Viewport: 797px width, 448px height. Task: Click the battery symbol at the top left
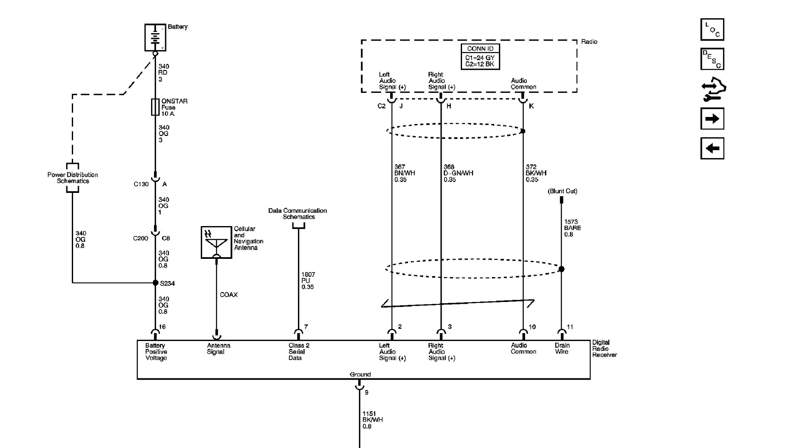(x=155, y=37)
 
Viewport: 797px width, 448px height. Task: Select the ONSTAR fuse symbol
(x=155, y=107)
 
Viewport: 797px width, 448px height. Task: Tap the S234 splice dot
(x=156, y=283)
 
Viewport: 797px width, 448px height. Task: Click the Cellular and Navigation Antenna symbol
(x=216, y=242)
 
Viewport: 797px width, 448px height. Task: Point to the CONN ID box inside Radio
(x=480, y=57)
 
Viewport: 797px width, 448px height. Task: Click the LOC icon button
(x=712, y=29)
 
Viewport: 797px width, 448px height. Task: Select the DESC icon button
(x=712, y=59)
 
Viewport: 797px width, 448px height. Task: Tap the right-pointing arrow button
(x=712, y=119)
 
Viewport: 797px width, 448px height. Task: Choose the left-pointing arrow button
(x=712, y=149)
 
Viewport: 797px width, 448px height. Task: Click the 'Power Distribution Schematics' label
(x=73, y=178)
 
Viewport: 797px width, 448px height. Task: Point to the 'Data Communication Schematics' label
(x=298, y=214)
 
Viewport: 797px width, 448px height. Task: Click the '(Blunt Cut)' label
(x=562, y=191)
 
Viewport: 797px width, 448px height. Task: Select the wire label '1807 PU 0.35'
(x=308, y=281)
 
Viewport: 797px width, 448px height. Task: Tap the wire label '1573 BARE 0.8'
(x=572, y=228)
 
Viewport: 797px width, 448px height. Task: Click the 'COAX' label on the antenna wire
(x=229, y=295)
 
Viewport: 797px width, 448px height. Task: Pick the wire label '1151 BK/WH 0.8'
(x=372, y=420)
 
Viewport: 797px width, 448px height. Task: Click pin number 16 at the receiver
(x=162, y=327)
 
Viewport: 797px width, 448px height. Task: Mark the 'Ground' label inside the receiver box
(x=360, y=375)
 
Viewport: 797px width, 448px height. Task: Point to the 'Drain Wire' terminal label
(x=562, y=348)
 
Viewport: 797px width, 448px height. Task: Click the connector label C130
(x=141, y=184)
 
